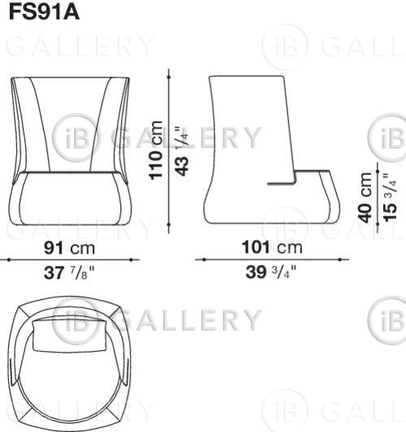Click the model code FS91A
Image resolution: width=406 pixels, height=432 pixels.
(44, 12)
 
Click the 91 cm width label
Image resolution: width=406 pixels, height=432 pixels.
(69, 248)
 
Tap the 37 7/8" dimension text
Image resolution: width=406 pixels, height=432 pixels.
(69, 273)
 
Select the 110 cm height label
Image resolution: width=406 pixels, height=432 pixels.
(156, 151)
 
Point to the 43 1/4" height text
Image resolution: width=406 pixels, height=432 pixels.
(182, 151)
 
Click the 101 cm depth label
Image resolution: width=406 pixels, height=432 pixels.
(272, 247)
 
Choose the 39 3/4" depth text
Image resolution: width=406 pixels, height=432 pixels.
(271, 272)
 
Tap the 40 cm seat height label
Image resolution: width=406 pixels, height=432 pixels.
(365, 198)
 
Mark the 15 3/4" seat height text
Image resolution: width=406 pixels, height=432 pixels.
(390, 197)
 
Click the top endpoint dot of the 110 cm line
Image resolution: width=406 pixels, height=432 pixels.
(169, 78)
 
